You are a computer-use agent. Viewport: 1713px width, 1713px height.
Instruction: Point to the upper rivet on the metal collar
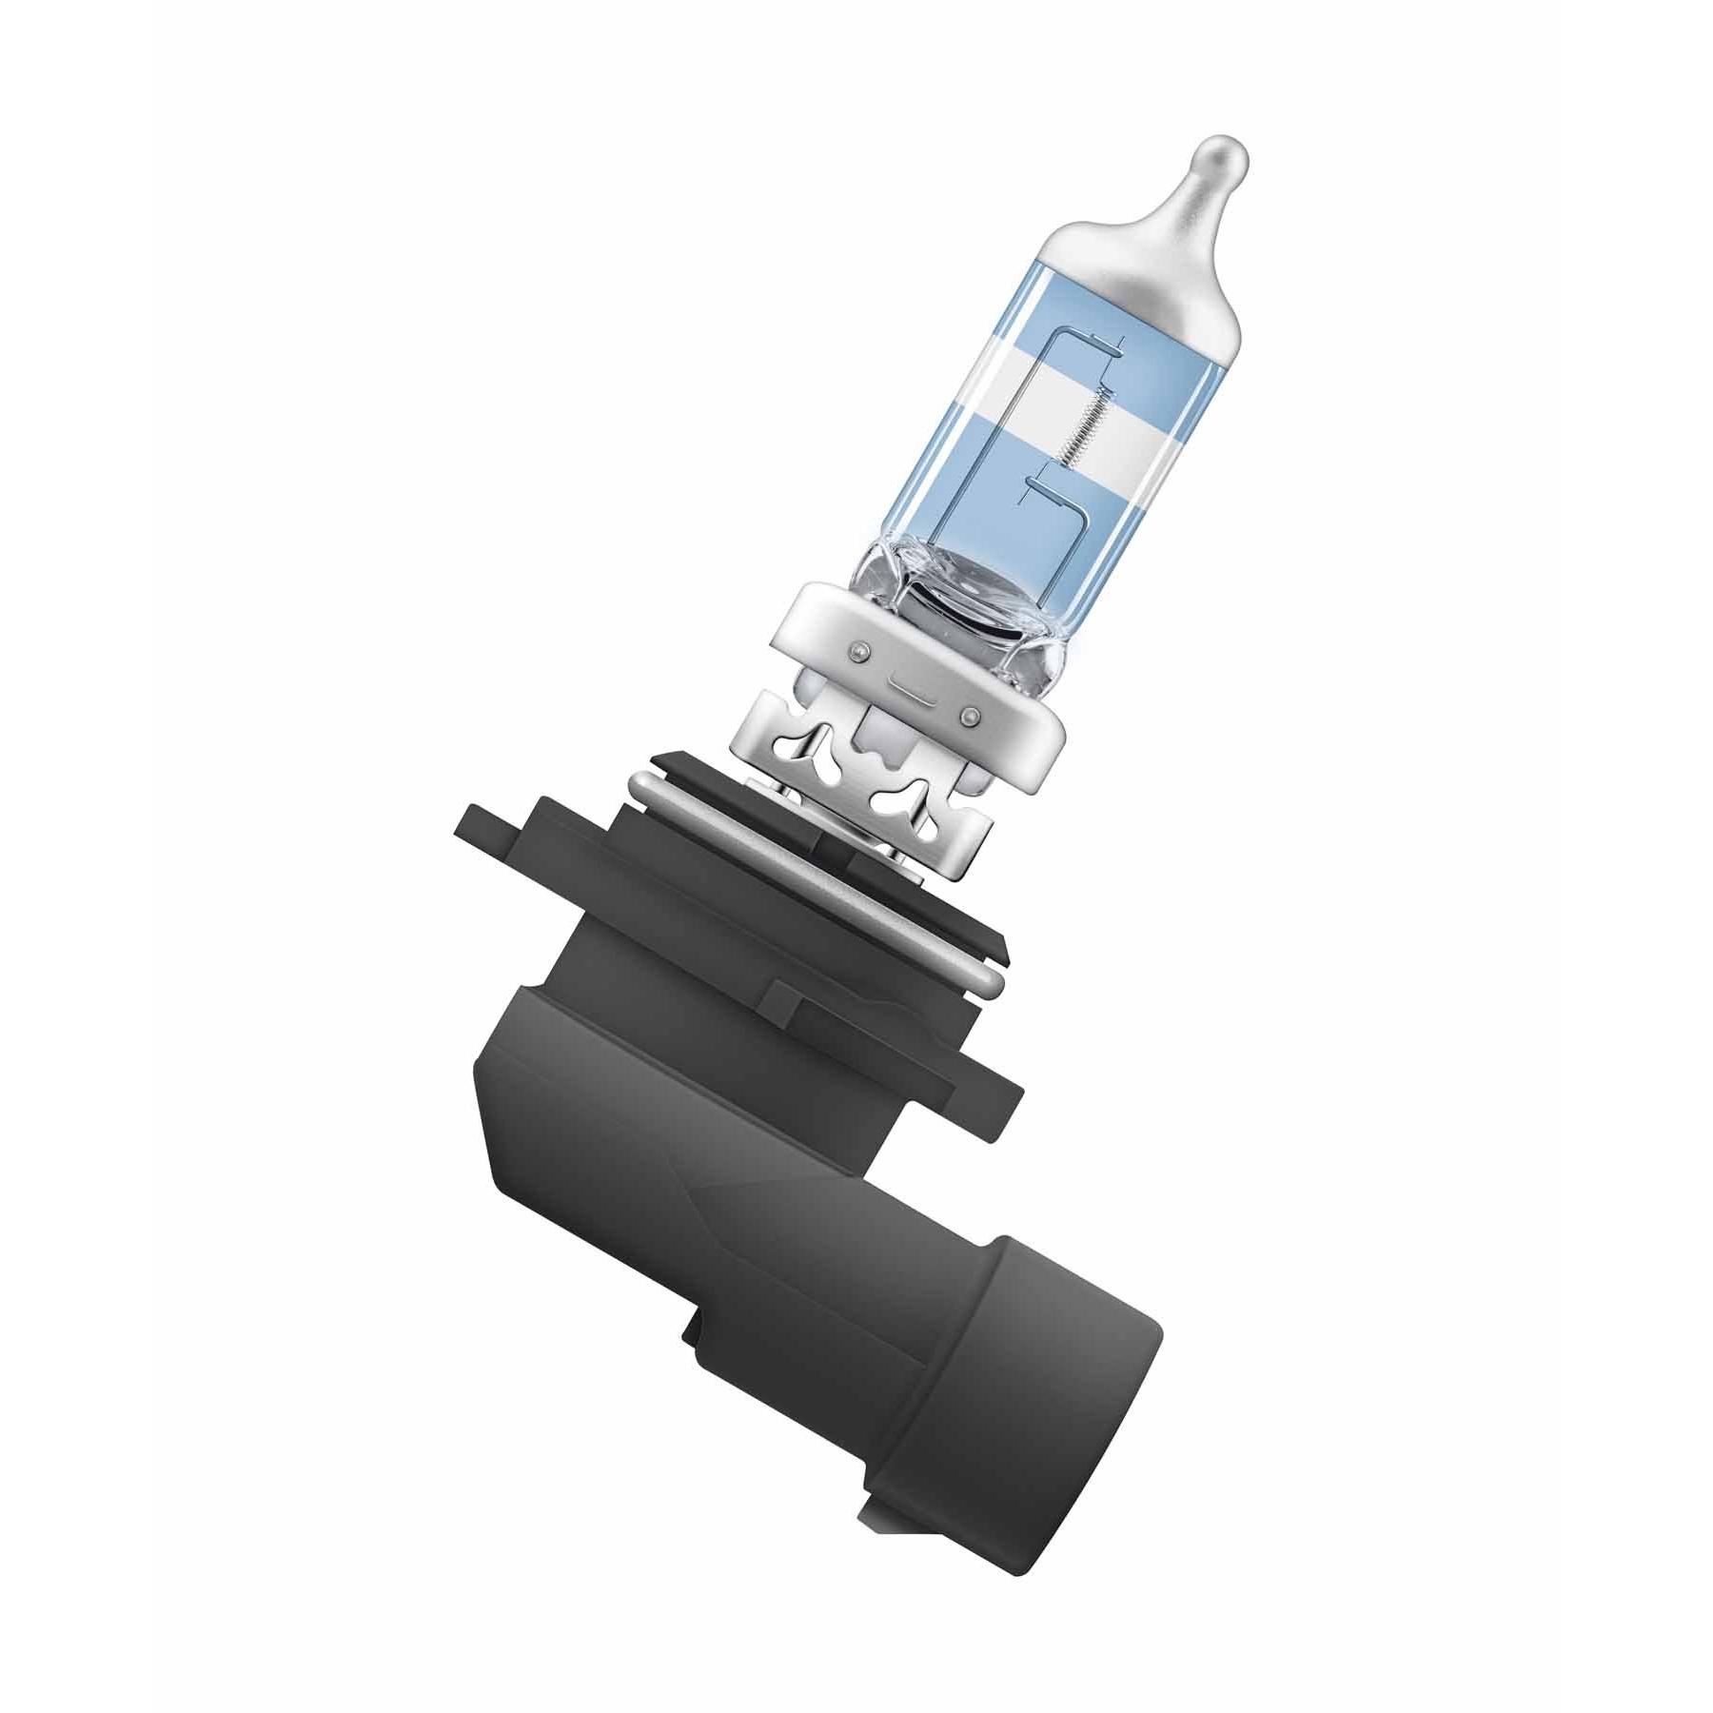tap(861, 650)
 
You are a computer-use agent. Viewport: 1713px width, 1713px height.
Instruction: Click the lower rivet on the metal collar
tap(969, 714)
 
